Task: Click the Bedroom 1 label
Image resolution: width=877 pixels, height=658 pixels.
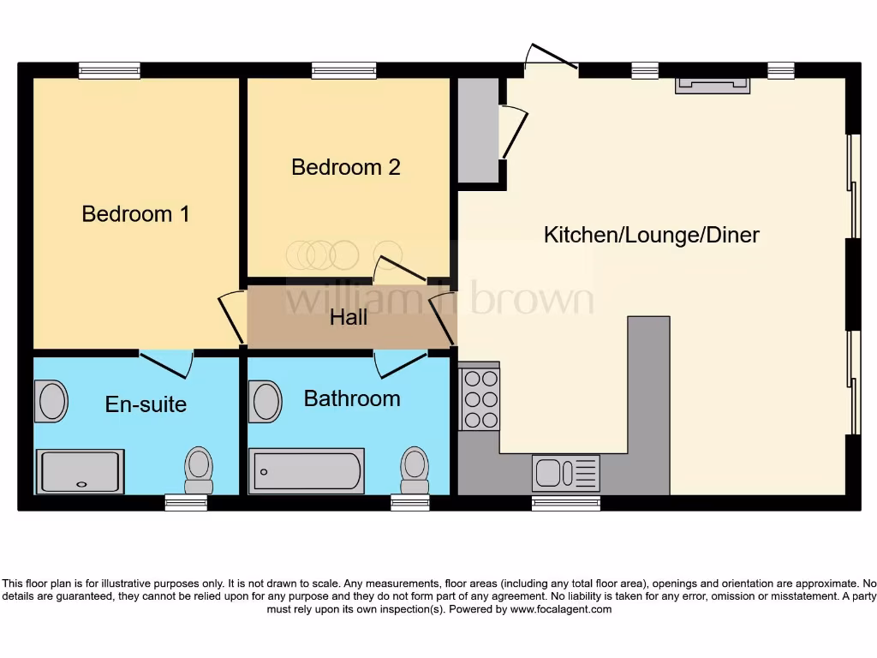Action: pyautogui.click(x=135, y=213)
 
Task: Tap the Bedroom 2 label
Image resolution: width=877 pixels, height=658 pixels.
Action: pyautogui.click(x=345, y=166)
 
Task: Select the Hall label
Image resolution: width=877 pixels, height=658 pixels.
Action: pyautogui.click(x=349, y=318)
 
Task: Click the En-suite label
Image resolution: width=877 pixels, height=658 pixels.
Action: pyautogui.click(x=146, y=404)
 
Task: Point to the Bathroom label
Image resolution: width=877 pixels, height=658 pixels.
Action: pyautogui.click(x=352, y=398)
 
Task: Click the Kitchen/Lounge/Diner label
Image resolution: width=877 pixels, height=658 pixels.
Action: pyautogui.click(x=651, y=235)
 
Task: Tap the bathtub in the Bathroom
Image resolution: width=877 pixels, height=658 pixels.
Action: pyautogui.click(x=306, y=471)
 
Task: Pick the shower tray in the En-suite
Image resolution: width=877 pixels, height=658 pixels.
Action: pyautogui.click(x=80, y=471)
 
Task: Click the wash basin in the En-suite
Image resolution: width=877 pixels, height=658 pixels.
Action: pyautogui.click(x=51, y=402)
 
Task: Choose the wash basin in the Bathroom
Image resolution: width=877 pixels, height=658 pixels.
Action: pyautogui.click(x=265, y=402)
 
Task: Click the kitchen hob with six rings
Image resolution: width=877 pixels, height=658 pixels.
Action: pyautogui.click(x=480, y=398)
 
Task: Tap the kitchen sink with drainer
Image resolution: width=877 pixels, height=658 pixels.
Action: pyautogui.click(x=565, y=473)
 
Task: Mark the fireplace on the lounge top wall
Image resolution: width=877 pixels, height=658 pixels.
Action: pyautogui.click(x=713, y=85)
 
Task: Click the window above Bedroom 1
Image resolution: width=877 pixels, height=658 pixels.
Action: pyautogui.click(x=110, y=71)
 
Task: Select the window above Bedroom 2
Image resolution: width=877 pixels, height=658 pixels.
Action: pyautogui.click(x=344, y=71)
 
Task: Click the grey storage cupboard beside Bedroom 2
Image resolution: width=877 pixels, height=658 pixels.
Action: pyautogui.click(x=478, y=129)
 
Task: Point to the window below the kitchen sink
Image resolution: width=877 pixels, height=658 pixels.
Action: pyautogui.click(x=565, y=504)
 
